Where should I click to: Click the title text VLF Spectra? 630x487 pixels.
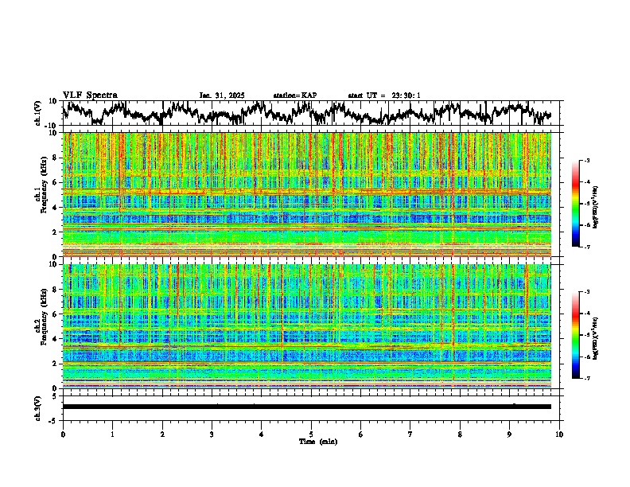[90, 95]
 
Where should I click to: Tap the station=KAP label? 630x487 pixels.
[294, 95]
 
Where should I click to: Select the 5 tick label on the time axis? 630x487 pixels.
[311, 434]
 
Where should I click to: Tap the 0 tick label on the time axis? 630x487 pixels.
[63, 434]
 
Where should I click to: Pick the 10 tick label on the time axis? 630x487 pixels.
[559, 434]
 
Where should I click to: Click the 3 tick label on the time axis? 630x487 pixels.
[212, 434]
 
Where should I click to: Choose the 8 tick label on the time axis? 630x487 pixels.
[460, 434]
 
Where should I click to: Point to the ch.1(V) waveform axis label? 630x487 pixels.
[38, 113]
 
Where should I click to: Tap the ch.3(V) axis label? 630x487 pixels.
[38, 407]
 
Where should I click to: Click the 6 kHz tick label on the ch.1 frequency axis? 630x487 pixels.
[56, 182]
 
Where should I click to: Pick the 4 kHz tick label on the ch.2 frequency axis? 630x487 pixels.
[56, 338]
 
